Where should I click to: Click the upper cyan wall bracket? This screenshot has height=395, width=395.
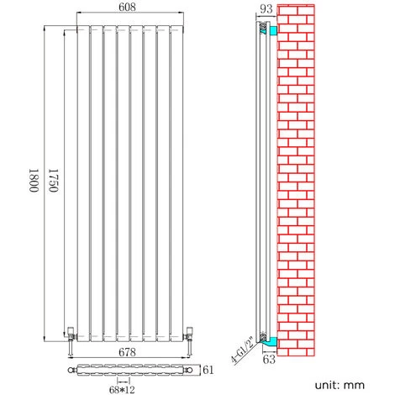click(x=271, y=30)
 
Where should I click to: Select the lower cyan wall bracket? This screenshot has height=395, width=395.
click(x=271, y=340)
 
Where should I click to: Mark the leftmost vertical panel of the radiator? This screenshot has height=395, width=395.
click(x=84, y=181)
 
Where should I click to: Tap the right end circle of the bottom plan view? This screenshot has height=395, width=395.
click(x=189, y=369)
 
